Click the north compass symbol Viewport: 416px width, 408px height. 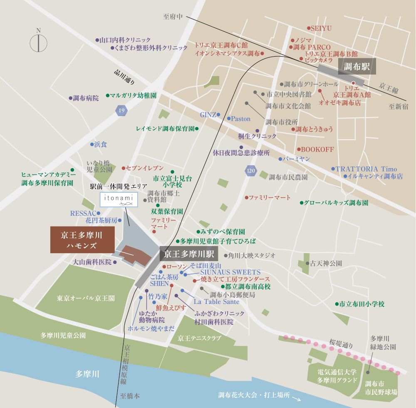[x=38, y=42]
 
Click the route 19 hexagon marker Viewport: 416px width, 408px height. [x=121, y=111]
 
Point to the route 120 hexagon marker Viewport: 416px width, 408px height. [x=250, y=170]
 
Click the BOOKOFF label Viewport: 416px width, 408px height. [x=317, y=149]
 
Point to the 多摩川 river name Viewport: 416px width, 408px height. [x=87, y=374]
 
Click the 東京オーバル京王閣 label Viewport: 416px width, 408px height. [x=86, y=298]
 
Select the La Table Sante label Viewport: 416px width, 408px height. [x=216, y=301]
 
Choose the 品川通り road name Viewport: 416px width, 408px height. [x=124, y=77]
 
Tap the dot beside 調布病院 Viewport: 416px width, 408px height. [x=70, y=98]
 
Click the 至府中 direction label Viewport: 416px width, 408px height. [x=173, y=17]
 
